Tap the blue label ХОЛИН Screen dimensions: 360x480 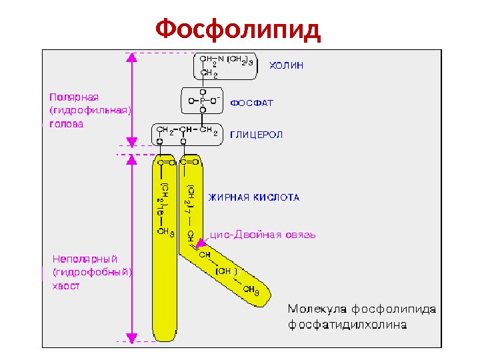point(285,65)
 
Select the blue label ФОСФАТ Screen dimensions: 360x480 point(251,103)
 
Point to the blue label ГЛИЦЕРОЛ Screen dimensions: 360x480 point(257,135)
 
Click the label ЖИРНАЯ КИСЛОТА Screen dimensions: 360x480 point(254,197)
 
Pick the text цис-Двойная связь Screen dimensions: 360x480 point(263,235)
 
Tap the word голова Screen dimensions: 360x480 point(67,124)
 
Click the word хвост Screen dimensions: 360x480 point(66,285)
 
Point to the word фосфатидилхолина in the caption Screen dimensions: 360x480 point(347,325)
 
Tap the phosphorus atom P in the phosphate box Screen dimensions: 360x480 point(203,101)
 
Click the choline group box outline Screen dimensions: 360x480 point(195,66)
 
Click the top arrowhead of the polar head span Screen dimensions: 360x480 point(132,57)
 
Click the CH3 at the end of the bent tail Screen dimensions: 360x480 point(251,289)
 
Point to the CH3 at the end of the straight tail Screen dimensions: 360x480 point(163,232)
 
